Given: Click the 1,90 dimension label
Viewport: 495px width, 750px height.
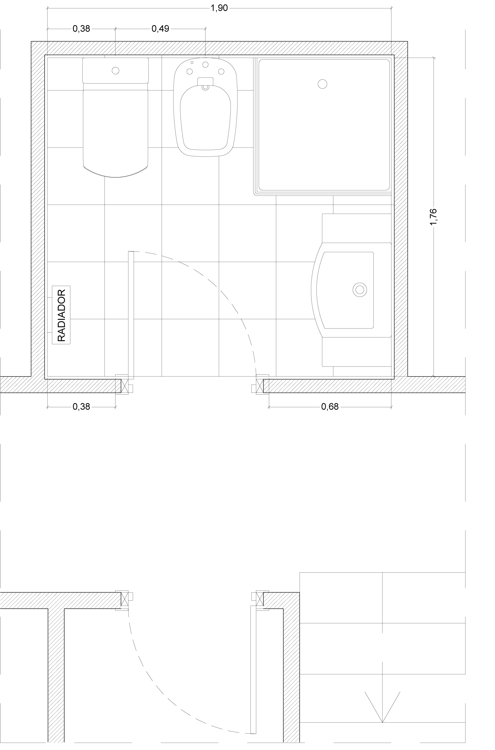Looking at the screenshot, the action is pos(219,8).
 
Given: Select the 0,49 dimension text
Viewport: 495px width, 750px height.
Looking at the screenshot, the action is pos(160,29).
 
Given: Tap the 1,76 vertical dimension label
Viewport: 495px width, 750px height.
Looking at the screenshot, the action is pos(434,217).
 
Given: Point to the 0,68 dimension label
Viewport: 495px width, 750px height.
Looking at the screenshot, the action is pos(330,407).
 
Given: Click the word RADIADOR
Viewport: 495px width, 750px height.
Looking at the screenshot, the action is pos(61,315).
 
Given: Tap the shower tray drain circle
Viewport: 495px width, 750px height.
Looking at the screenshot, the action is pos(322,84).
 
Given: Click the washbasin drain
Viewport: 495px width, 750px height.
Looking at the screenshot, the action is pos(359,289).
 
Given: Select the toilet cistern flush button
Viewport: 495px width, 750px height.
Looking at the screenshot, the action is pos(116,70).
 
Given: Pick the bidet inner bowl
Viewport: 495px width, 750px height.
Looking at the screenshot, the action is pos(205,118).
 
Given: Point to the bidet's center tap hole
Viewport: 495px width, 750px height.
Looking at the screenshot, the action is pos(205,65).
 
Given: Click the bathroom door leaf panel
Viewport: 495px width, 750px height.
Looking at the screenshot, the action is pos(131,315).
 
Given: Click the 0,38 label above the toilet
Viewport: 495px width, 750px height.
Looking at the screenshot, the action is pos(81,29).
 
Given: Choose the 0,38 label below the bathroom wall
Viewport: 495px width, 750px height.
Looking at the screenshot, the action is pos(81,407).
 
